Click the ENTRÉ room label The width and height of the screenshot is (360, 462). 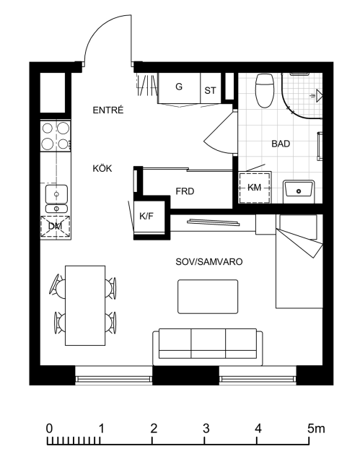pos(108,110)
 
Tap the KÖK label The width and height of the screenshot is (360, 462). pos(102,168)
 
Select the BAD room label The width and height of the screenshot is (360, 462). pos(281,144)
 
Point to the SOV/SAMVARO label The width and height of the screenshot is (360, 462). pos(209,261)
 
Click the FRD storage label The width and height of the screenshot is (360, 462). pos(185,191)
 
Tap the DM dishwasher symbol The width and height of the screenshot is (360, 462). pos(56,226)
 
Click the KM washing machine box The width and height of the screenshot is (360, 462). pos(255,188)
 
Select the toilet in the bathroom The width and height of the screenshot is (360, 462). pos(265,90)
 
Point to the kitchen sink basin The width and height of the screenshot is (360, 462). pos(56,193)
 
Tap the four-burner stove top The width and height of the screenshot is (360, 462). pos(56,136)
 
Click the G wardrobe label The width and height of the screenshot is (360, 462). pos(179,87)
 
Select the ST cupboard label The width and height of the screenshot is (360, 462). pos(210,90)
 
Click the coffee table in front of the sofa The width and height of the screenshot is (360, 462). pos(208,297)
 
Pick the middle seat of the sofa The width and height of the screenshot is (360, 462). pos(208,344)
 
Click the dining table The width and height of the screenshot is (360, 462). pos(85,305)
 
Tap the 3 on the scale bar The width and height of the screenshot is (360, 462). pos(206,428)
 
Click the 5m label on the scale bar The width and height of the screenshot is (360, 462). pos(317,428)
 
